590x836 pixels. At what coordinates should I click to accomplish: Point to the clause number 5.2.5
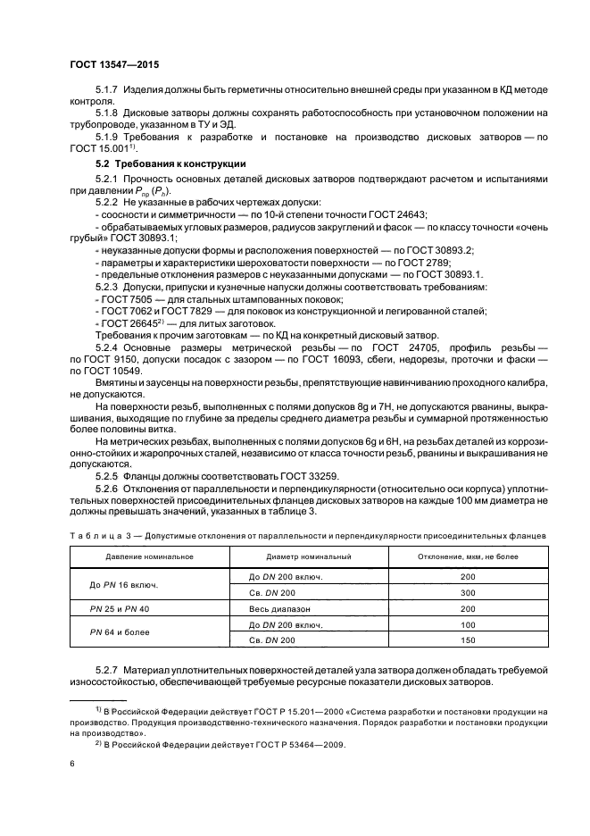109,476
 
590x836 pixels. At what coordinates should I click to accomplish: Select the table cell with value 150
468,640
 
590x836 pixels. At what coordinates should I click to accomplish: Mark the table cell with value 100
468,623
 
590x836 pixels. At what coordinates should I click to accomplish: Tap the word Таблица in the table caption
93,534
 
